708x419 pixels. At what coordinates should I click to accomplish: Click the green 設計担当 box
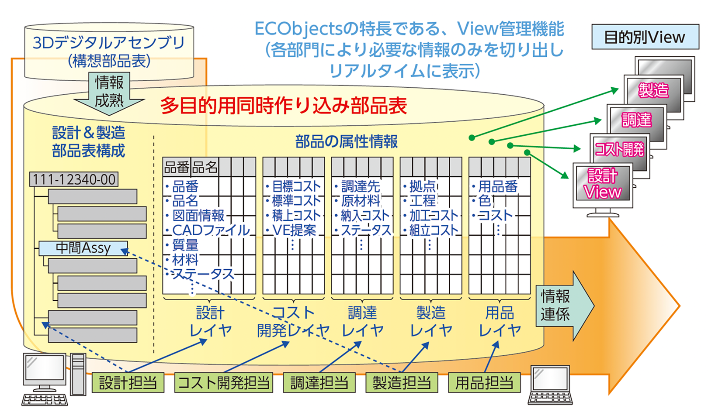128,383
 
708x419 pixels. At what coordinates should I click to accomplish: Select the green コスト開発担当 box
223,383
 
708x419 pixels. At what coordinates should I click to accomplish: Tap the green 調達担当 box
319,383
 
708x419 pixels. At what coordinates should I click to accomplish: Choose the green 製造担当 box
402,383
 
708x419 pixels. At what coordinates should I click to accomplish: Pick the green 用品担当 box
484,383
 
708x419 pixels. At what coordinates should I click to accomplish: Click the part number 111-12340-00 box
74,179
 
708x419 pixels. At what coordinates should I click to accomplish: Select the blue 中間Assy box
83,248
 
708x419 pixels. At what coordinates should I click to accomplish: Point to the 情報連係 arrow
562,306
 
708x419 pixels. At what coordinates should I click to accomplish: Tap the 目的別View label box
645,37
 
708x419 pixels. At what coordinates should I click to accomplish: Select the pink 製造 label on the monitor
653,90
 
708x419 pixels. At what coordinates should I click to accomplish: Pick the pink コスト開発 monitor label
620,149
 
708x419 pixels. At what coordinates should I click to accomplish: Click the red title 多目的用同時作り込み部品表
284,106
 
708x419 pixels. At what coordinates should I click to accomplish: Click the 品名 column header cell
205,167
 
